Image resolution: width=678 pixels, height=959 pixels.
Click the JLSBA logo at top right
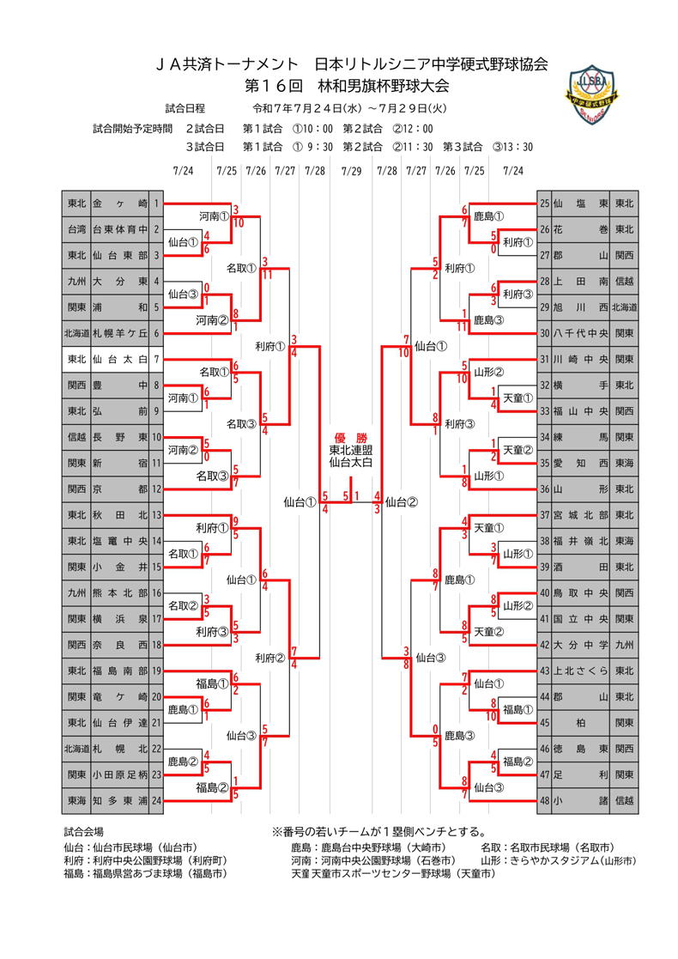pos(596,93)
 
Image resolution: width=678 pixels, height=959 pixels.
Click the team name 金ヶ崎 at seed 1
pos(119,203)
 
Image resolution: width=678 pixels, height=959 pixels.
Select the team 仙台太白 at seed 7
pos(119,359)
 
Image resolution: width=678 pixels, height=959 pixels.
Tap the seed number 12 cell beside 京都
pos(157,489)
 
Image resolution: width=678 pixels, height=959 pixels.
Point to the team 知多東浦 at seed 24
pos(119,800)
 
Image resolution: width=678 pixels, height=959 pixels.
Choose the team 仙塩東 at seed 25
pos(581,203)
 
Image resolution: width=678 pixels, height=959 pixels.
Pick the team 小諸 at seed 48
pos(581,800)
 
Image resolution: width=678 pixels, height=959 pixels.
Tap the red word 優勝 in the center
pos(350,436)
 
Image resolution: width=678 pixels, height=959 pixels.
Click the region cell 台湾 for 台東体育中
pos(76,229)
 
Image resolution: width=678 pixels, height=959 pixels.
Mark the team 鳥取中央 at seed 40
pos(581,592)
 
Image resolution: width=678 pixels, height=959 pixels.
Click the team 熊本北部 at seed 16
pos(119,592)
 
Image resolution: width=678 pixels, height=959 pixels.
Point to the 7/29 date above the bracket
pos(350,171)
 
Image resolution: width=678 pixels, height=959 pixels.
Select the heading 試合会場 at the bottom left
pos(84,831)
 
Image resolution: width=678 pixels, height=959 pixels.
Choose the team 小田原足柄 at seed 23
pos(119,774)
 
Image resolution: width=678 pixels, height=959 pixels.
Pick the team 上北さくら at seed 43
pos(581,671)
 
